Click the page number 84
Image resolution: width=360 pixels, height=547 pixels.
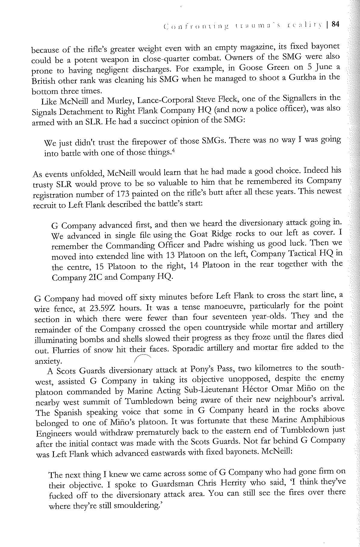coord(335,24)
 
